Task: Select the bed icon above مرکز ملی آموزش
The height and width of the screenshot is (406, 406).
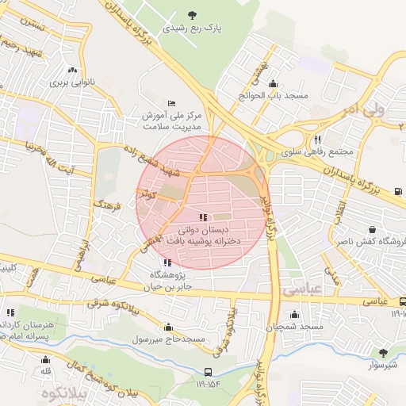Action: click(x=172, y=103)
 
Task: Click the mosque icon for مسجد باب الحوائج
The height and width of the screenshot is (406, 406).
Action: click(x=274, y=83)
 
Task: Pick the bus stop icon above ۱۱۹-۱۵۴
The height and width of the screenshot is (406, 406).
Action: click(x=208, y=371)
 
